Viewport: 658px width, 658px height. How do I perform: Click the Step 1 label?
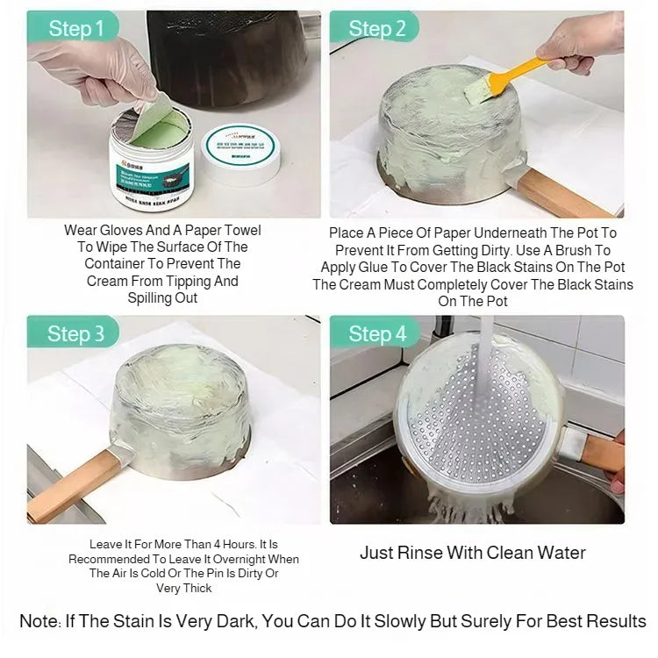76,28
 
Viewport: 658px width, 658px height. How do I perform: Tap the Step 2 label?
377,28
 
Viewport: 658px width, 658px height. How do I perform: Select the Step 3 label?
76,333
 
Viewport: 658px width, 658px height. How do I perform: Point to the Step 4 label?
377,333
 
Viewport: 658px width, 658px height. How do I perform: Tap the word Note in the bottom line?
39,621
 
